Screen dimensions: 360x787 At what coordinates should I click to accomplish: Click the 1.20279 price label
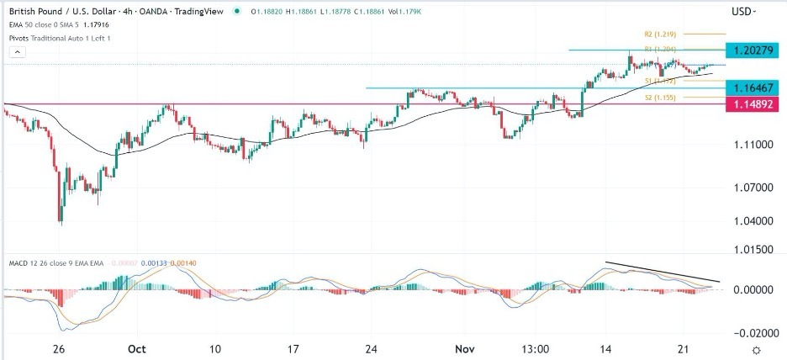click(x=753, y=50)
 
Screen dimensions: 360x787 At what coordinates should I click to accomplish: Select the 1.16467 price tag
click(x=753, y=87)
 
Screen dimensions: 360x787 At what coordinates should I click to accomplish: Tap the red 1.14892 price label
click(x=753, y=105)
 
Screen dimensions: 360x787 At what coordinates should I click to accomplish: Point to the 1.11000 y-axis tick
click(x=753, y=145)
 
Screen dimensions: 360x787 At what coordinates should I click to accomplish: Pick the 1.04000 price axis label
click(x=753, y=221)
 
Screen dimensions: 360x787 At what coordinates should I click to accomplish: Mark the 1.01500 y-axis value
click(x=753, y=250)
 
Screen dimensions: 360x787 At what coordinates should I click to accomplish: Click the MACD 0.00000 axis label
click(x=753, y=289)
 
